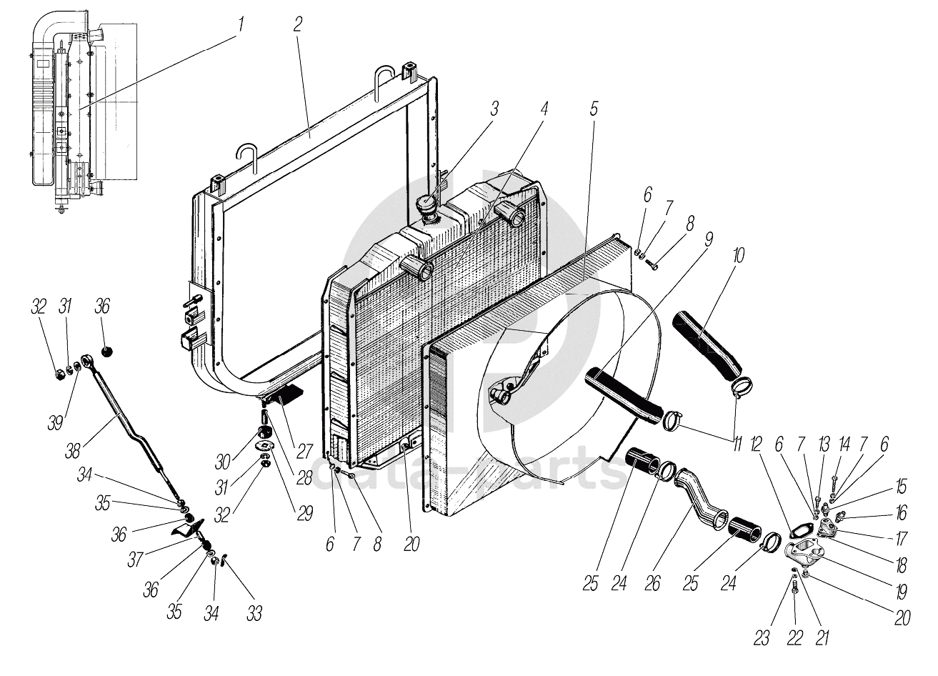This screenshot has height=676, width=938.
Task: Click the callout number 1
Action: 241,24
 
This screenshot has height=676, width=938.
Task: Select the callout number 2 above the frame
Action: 297,24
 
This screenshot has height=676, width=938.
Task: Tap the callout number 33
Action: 254,613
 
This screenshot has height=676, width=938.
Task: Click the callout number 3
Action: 494,109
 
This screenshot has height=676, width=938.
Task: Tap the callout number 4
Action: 544,109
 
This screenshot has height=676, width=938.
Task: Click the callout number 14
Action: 844,444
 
